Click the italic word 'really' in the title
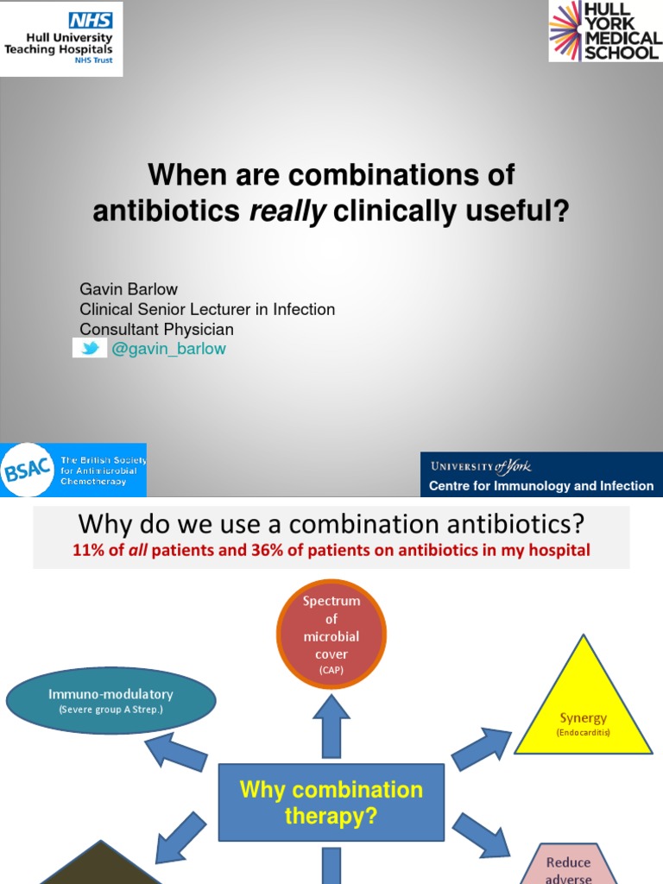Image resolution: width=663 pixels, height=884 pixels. coord(287,211)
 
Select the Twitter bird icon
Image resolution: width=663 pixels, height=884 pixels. coord(90,348)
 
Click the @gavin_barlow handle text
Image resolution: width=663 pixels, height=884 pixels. coord(168,348)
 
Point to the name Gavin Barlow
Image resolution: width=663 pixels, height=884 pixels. coord(129,288)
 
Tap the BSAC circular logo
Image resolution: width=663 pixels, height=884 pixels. coord(28,470)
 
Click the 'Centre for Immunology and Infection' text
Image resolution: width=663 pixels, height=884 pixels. coord(541,486)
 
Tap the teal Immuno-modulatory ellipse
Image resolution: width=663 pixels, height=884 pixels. coord(110,699)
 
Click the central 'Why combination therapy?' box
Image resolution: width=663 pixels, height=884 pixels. coord(331,802)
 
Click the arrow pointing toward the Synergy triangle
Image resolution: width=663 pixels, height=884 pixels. coord(482,747)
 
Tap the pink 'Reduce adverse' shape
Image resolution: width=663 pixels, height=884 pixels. coord(568,865)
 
